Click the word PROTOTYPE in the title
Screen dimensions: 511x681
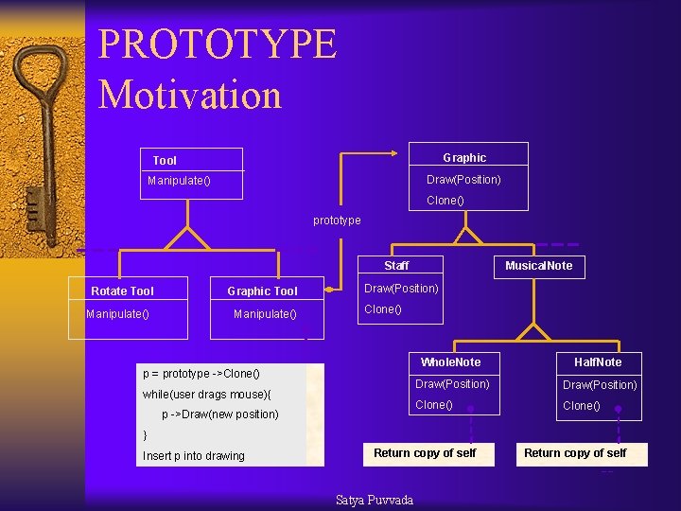[217, 44]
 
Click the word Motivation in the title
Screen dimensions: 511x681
[190, 95]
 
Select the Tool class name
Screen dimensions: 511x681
[165, 161]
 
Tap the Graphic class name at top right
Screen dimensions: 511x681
[464, 158]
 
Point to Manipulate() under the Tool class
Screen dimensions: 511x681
[179, 181]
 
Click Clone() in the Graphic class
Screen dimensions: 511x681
[445, 201]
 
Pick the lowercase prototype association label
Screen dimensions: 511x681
[337, 220]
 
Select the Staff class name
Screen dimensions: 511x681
[396, 266]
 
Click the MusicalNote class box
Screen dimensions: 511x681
[538, 266]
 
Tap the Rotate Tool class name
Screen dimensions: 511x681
[122, 291]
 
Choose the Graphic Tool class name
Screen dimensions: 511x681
[262, 291]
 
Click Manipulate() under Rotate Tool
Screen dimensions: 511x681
[117, 313]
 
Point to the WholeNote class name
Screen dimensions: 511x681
[450, 362]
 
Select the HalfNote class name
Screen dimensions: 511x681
[598, 362]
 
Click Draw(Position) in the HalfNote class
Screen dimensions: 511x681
[600, 385]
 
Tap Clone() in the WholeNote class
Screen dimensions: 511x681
[434, 405]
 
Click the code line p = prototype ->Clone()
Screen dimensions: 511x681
[201, 374]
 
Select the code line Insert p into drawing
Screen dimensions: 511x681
[193, 456]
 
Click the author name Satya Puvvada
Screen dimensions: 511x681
[375, 500]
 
